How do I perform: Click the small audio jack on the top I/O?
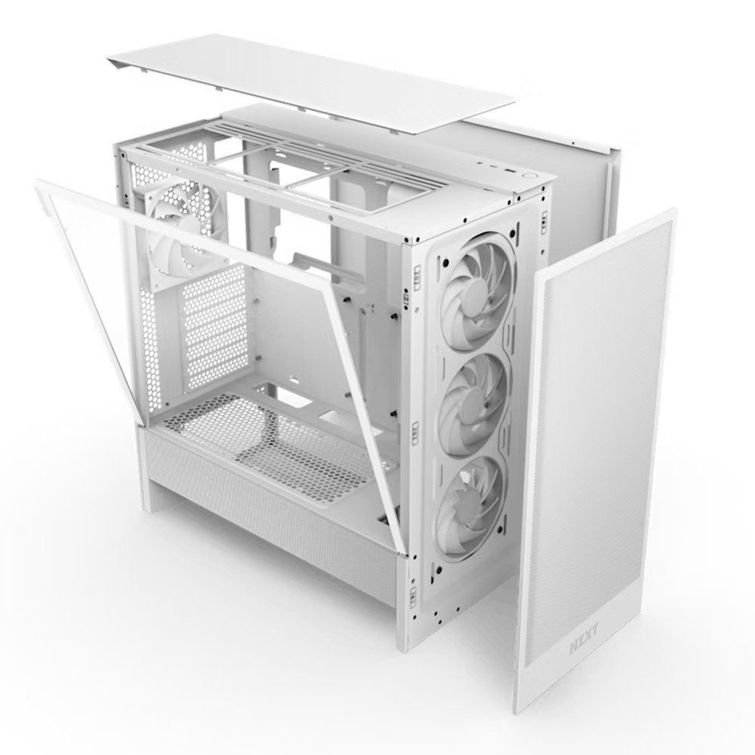480,163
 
